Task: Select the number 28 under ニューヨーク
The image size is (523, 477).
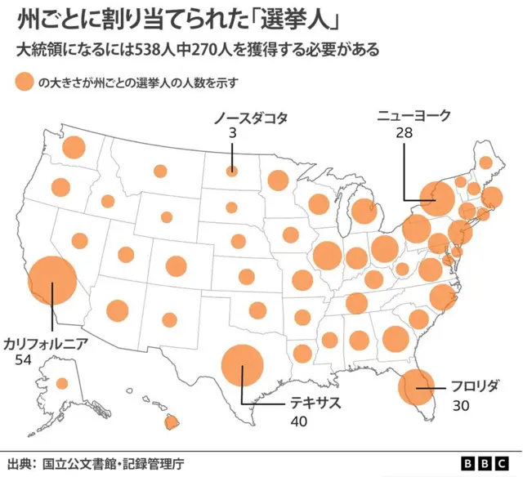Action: [x=403, y=133]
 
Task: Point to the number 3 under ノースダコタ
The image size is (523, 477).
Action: [x=232, y=134]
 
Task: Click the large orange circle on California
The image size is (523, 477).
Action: [x=52, y=280]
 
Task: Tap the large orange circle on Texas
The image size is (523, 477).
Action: [x=243, y=365]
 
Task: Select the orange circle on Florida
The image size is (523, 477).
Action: [x=417, y=387]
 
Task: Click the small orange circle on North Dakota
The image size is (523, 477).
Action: [x=232, y=172]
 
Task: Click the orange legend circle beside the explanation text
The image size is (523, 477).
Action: [x=23, y=82]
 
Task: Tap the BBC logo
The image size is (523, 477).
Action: [x=484, y=463]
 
